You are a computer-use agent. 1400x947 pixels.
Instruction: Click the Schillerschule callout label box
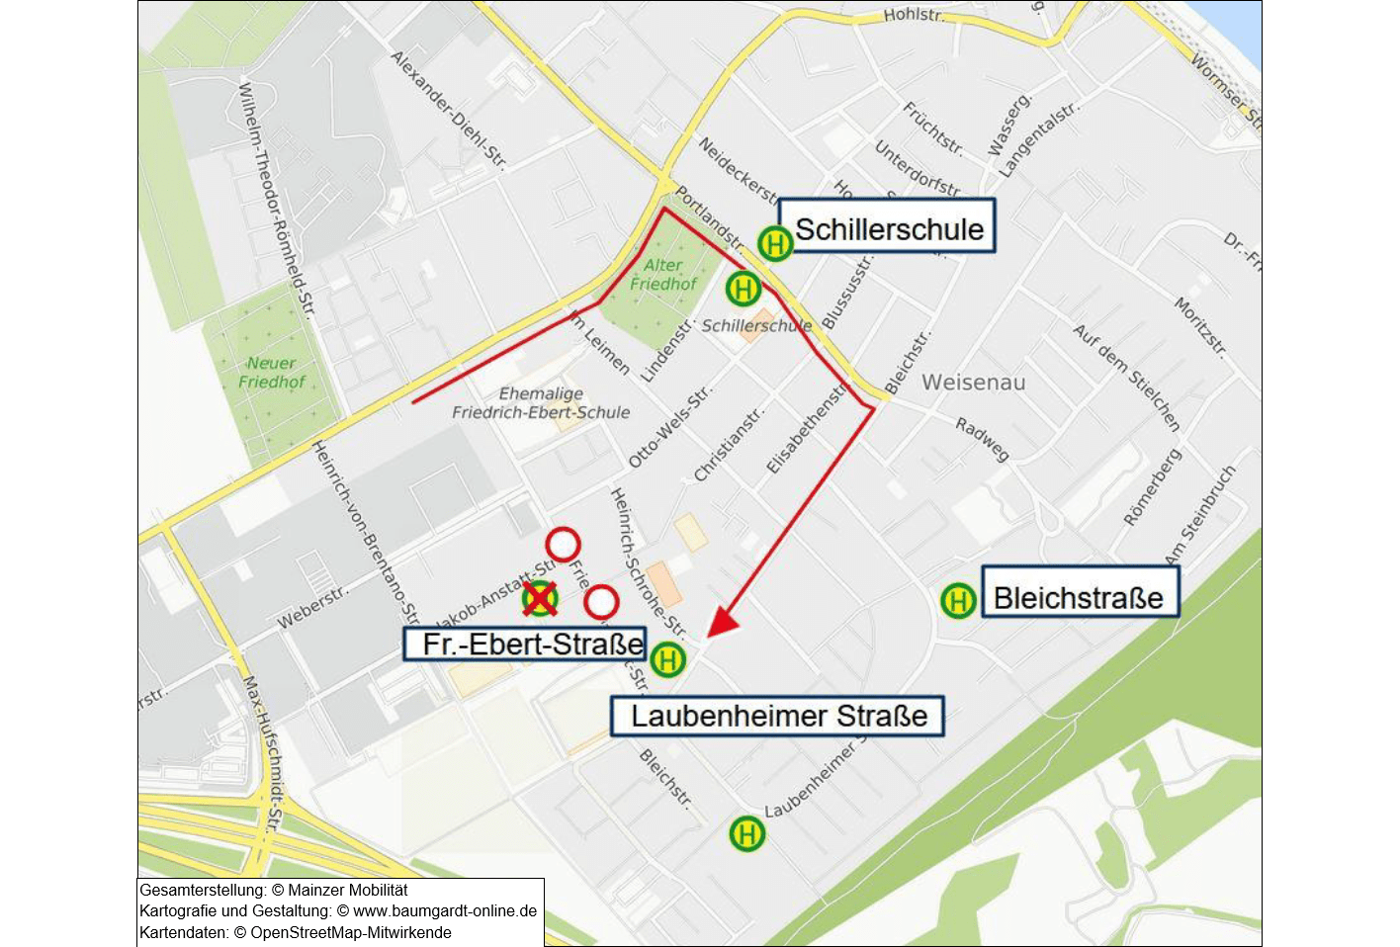point(887,226)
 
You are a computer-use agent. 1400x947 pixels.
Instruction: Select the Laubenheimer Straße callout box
point(777,716)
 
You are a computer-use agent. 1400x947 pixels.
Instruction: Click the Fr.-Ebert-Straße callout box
point(525,644)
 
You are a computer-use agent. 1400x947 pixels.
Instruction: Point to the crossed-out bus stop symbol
point(540,597)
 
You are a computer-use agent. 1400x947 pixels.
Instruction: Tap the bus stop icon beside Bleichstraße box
point(957,600)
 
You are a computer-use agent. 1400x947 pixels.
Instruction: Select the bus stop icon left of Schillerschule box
point(775,242)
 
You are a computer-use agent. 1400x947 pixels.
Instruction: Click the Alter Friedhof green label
point(663,275)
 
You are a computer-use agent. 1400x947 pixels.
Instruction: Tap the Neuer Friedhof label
point(271,373)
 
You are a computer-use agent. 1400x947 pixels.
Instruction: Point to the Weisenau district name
point(973,383)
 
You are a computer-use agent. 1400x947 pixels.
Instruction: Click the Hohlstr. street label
point(913,15)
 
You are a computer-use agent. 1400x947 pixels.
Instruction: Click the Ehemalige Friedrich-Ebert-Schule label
point(541,403)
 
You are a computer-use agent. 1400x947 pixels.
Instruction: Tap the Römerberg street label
point(1152,486)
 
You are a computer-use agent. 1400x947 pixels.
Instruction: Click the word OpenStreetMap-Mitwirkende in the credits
point(351,932)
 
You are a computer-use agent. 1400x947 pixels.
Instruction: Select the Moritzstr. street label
point(1200,326)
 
